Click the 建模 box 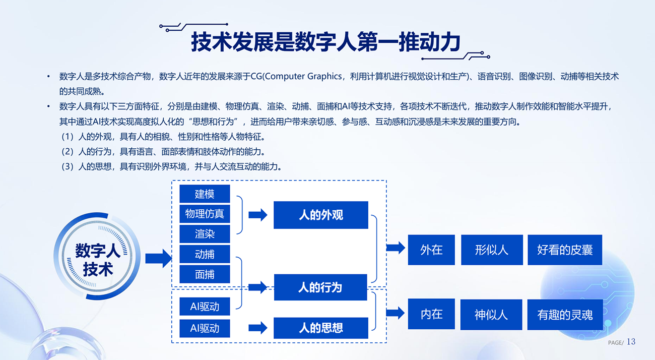[x=205, y=194]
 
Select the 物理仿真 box [x=205, y=214]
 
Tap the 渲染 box [x=205, y=234]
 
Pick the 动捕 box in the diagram [x=205, y=254]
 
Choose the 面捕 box [x=205, y=274]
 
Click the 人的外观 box [x=321, y=215]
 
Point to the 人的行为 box [x=320, y=287]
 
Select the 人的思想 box [x=321, y=328]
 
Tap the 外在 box [x=431, y=250]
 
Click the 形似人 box [x=492, y=250]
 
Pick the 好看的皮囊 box [x=565, y=250]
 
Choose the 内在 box [x=431, y=314]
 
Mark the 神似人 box [x=491, y=315]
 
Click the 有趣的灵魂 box [x=565, y=315]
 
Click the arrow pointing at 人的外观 [x=258, y=215]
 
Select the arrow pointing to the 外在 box [x=396, y=248]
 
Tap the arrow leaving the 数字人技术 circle [x=159, y=259]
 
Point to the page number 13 [x=631, y=341]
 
